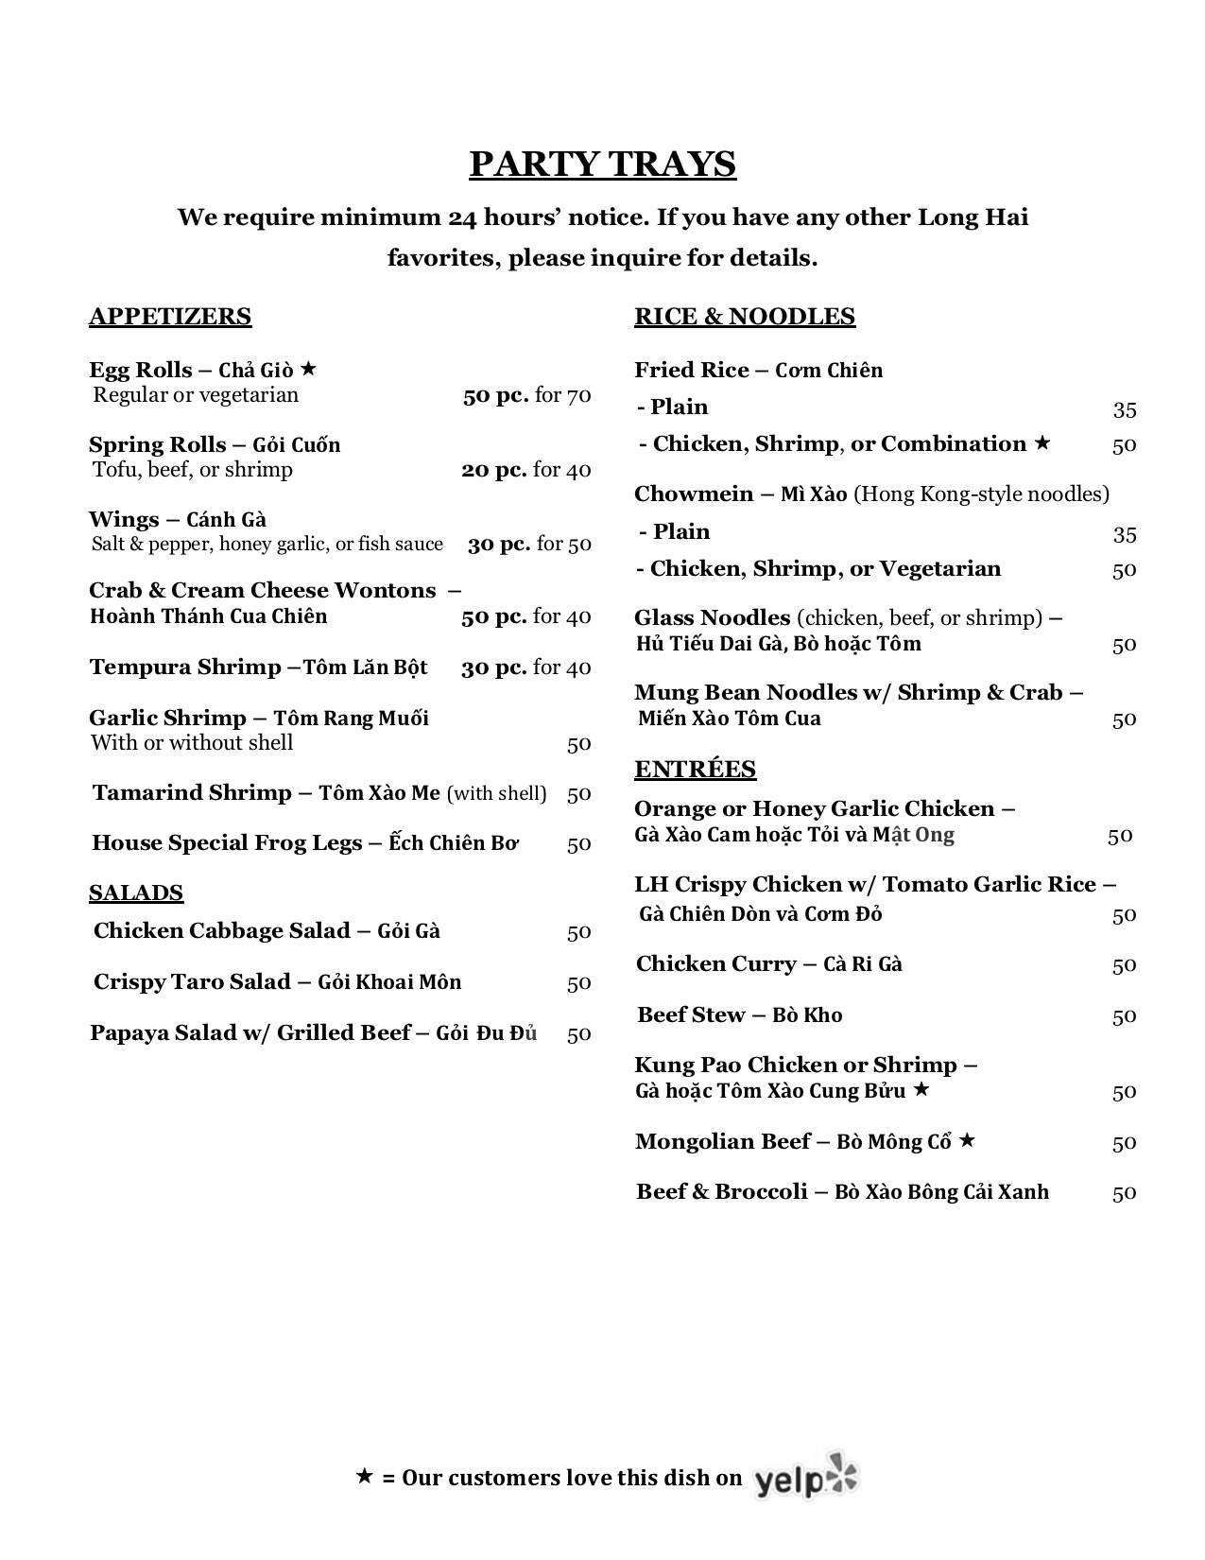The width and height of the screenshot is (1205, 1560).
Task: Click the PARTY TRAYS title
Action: pos(602,165)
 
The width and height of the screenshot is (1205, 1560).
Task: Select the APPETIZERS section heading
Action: pos(170,317)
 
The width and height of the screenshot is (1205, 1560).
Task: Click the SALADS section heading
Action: pos(136,893)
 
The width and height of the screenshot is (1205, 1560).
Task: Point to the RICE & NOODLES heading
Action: pos(745,317)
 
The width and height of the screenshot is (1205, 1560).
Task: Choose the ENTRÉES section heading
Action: pos(695,770)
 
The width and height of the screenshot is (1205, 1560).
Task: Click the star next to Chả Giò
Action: pos(308,369)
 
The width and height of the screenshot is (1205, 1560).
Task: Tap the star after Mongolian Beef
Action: pos(967,1140)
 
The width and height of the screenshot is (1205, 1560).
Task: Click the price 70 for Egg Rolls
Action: pos(579,395)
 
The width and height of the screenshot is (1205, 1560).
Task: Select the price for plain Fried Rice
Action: pos(1124,409)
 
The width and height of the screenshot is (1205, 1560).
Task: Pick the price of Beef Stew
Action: pos(1124,1016)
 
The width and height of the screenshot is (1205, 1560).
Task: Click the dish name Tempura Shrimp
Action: pos(185,667)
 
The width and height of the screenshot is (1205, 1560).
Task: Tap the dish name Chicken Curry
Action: pos(716,964)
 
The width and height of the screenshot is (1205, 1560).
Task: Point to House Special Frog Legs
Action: pos(227,843)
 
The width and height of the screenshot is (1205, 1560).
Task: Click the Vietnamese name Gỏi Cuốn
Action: pos(297,445)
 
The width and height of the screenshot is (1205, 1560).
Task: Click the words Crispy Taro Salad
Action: pos(192,982)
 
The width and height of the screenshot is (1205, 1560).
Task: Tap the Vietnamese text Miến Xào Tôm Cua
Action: pos(730,719)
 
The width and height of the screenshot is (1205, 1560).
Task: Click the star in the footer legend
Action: pos(365,1476)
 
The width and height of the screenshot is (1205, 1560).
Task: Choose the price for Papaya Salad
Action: pos(578,1033)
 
